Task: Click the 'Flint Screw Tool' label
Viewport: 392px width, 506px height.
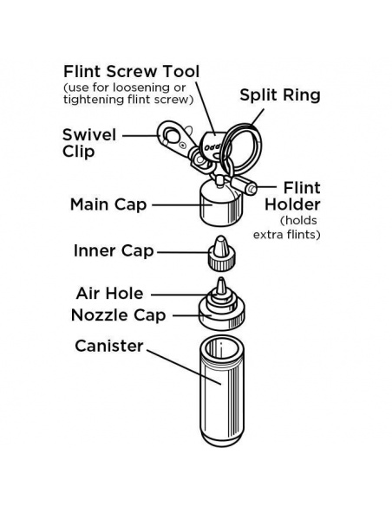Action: point(132,71)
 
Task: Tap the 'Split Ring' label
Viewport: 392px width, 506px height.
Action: point(280,95)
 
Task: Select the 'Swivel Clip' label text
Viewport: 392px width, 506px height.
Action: point(89,143)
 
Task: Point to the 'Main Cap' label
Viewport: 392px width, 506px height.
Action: point(108,204)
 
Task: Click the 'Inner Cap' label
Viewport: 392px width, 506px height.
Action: point(114,250)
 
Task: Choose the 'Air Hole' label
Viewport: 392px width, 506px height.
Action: point(110,294)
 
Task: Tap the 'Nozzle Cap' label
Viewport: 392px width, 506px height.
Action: point(119,315)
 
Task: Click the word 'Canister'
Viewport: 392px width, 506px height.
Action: point(109,346)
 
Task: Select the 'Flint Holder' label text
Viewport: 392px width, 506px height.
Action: point(292,196)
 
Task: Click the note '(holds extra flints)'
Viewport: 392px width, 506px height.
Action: point(287,228)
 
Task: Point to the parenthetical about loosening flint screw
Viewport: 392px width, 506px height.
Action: point(128,94)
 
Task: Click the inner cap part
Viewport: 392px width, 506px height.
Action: point(221,254)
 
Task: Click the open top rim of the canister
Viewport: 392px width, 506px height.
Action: point(221,349)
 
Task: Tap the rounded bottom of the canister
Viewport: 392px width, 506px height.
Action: point(222,439)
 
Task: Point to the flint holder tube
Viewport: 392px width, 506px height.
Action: point(245,185)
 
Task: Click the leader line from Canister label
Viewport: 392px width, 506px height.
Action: point(184,367)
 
